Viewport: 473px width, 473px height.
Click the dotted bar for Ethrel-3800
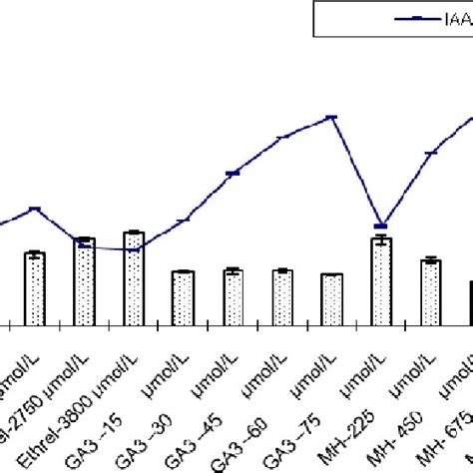pos(85,281)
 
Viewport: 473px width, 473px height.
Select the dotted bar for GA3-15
pos(134,278)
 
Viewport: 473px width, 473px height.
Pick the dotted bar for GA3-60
pos(282,296)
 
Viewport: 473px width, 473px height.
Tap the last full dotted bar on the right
pos(431,291)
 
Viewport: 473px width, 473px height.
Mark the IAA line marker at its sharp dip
pos(381,226)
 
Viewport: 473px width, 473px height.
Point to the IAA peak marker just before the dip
pos(332,118)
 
